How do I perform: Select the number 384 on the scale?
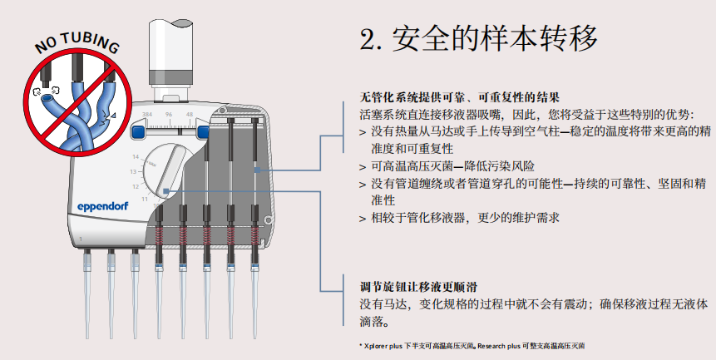click(146, 113)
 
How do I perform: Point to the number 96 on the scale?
click(169, 113)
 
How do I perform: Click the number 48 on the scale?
click(190, 113)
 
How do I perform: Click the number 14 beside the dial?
click(135, 156)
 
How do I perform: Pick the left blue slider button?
click(140, 131)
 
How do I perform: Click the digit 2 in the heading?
click(368, 39)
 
